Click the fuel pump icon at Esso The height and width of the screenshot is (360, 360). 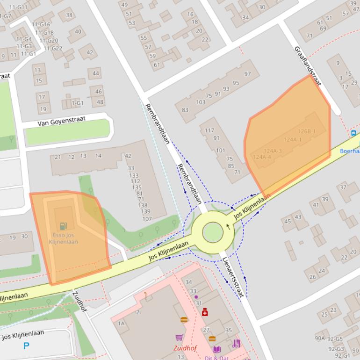click(x=64, y=226)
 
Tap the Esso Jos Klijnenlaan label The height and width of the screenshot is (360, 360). click(x=64, y=238)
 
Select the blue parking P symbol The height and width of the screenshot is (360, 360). click(x=27, y=346)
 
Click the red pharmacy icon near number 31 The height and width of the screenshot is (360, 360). click(x=205, y=312)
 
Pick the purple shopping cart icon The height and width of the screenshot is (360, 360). click(x=179, y=337)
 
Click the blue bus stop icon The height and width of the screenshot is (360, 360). click(x=354, y=133)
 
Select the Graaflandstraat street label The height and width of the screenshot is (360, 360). click(x=308, y=65)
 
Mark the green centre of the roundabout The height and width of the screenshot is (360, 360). click(x=213, y=232)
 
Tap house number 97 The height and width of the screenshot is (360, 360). click(x=248, y=74)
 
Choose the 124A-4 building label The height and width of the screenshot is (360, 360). click(x=262, y=157)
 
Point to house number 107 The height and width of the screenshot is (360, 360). click(x=147, y=219)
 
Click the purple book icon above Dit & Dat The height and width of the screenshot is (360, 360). click(x=216, y=349)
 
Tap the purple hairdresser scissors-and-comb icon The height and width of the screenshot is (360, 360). click(x=236, y=344)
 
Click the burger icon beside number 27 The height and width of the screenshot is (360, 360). click(x=212, y=338)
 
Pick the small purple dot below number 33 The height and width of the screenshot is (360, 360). click(x=196, y=297)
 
